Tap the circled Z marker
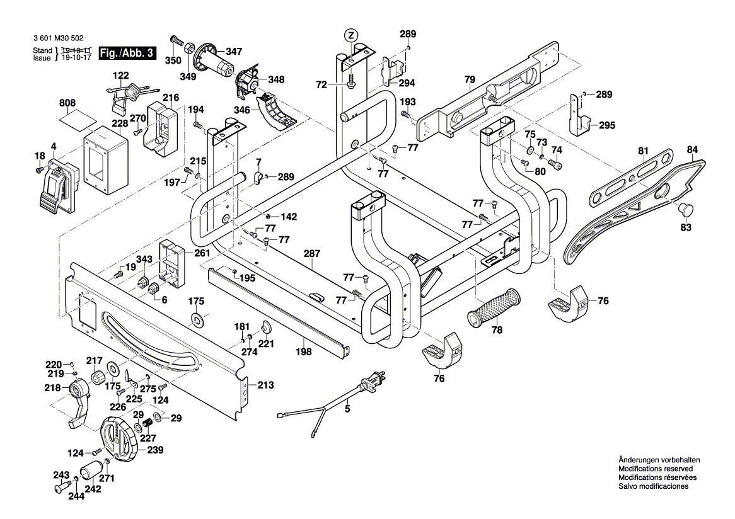click(x=350, y=34)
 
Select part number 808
click(x=68, y=103)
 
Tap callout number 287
click(x=312, y=254)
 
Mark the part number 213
click(x=265, y=385)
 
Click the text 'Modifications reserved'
click(x=656, y=469)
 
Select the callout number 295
click(x=607, y=125)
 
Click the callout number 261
click(x=202, y=253)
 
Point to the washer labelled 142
click(x=269, y=217)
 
